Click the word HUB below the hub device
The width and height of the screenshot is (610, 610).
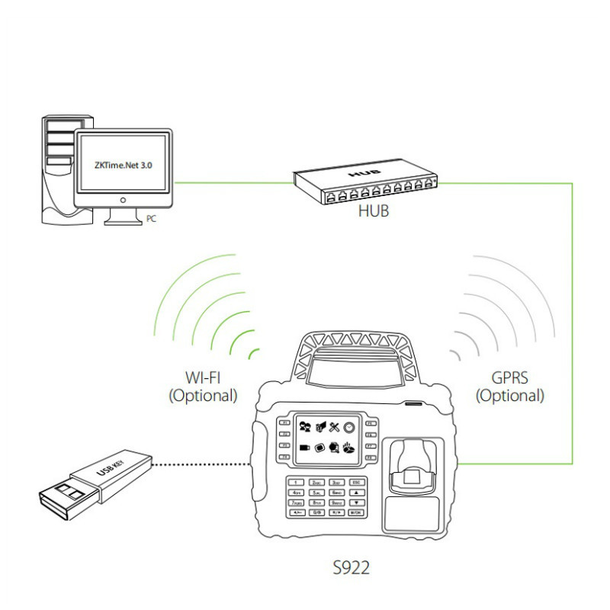[373, 210]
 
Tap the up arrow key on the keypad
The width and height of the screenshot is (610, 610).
[356, 493]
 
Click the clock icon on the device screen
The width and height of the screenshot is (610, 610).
[348, 428]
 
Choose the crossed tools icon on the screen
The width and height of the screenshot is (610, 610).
[333, 428]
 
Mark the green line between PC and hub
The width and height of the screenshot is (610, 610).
[233, 182]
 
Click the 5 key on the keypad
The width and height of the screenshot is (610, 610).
[316, 493]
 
